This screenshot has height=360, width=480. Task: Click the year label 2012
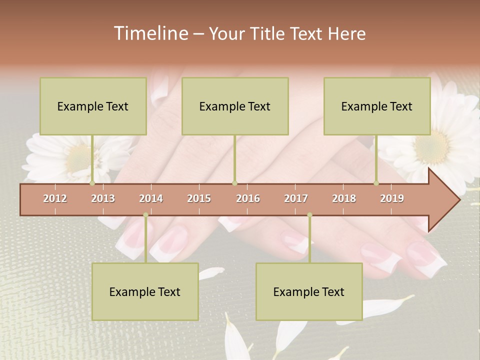pos(55,198)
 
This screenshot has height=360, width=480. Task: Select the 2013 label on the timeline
pos(103,198)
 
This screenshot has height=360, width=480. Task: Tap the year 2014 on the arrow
pos(151,198)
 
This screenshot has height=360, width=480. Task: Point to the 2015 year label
pos(199,198)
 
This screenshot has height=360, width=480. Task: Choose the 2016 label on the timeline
pos(248,198)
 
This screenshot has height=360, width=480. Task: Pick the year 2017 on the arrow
pos(296,198)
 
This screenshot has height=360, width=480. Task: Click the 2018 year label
pos(344,198)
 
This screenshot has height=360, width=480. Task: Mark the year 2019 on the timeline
pos(392,198)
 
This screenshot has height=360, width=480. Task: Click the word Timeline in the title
pos(150,33)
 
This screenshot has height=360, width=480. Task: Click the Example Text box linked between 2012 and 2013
pos(93,106)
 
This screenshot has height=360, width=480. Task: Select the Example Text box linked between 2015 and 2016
pos(235,106)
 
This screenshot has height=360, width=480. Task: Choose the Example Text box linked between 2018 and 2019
pos(377,106)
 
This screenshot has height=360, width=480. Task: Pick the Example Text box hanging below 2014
pos(145,291)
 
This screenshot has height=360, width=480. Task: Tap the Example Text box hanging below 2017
pos(309,291)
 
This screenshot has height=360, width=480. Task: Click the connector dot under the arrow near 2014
pos(145,215)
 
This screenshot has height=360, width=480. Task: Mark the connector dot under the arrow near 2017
pos(309,215)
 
